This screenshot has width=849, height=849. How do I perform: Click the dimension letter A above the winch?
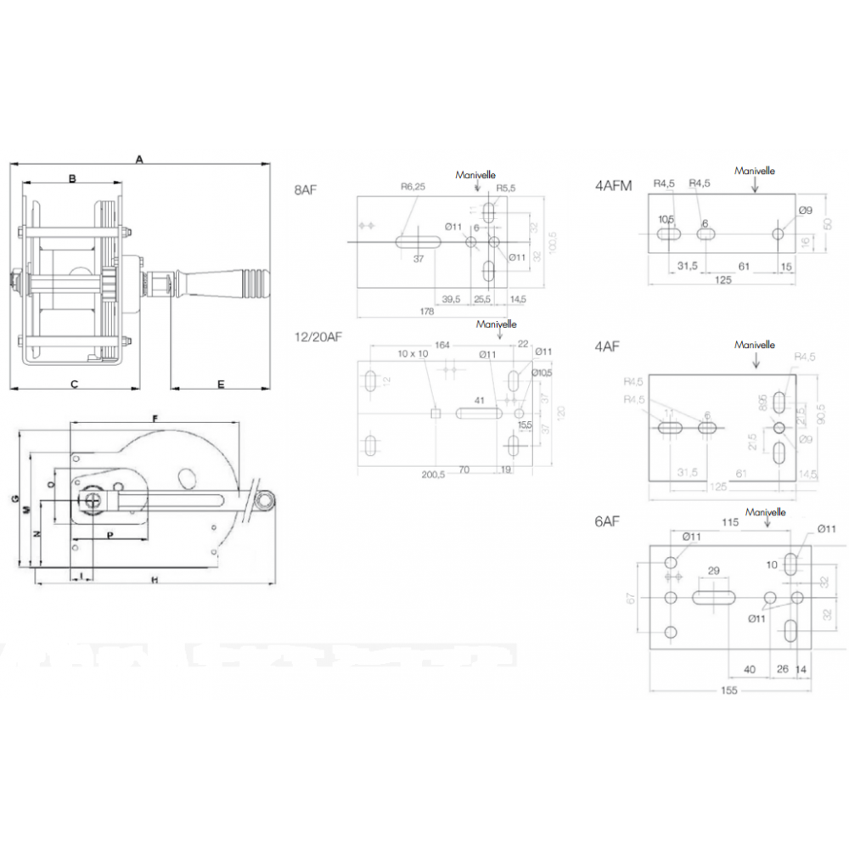(x=139, y=158)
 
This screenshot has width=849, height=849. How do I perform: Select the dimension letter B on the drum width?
(x=73, y=178)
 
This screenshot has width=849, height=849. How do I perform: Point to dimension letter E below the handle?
(x=221, y=385)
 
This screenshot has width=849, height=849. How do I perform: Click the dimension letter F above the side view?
(x=155, y=418)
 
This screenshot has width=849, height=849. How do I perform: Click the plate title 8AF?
(x=306, y=189)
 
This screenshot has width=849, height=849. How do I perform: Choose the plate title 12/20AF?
(x=318, y=336)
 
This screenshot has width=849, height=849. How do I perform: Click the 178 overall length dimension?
(x=427, y=312)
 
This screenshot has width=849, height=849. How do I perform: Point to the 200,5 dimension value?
(x=433, y=475)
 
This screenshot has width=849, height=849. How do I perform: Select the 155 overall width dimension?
(x=728, y=690)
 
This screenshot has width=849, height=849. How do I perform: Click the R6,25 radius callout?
(x=413, y=187)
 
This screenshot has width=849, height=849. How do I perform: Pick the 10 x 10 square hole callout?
(x=413, y=353)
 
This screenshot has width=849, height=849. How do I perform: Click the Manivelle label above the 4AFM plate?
(x=755, y=171)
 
